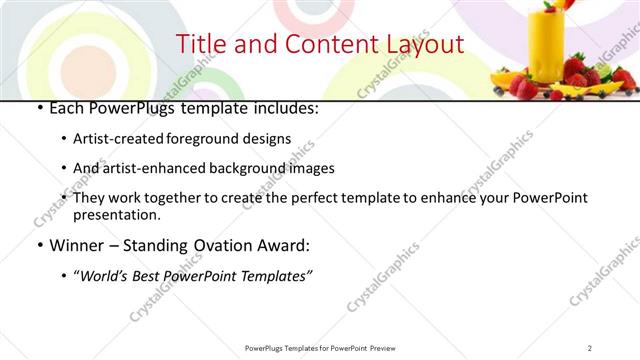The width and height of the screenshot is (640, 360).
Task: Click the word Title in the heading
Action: (199, 45)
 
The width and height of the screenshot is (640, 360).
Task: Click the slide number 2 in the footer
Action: (590, 348)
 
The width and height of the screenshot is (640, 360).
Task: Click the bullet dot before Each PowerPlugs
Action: (38, 109)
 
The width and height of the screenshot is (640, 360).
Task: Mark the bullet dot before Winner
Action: (38, 244)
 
